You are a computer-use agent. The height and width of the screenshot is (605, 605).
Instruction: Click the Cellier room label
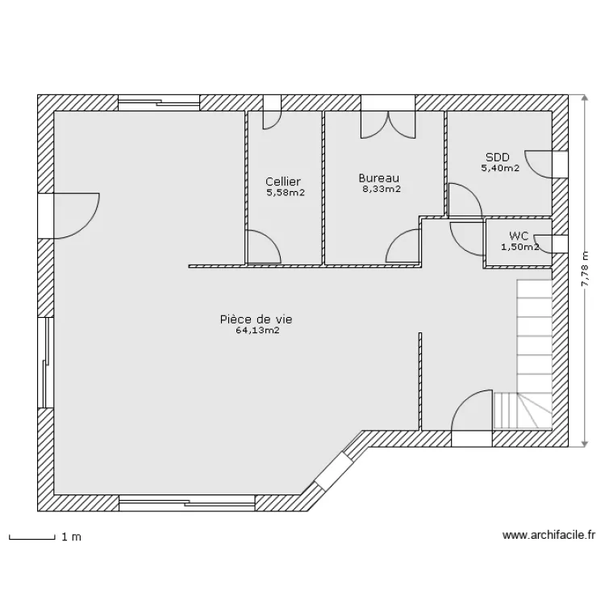283,181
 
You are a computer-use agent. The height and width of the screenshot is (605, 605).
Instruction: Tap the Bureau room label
379,178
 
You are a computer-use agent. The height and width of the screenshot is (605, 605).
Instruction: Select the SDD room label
498,157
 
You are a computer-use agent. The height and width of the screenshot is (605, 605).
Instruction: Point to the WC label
519,236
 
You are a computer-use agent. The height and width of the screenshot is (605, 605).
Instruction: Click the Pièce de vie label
257,319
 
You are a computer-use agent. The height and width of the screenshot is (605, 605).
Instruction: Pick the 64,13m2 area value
258,330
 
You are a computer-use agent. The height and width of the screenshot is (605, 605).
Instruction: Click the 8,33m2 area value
382,189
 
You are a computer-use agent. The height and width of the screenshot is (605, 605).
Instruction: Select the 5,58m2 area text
286,193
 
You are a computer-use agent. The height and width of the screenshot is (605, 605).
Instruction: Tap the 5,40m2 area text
500,169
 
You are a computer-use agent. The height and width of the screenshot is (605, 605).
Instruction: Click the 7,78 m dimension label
586,269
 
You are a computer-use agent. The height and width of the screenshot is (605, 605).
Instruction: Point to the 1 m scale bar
32,538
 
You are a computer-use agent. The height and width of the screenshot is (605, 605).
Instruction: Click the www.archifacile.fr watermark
549,535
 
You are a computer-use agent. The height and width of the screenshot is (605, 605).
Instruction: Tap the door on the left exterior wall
69,216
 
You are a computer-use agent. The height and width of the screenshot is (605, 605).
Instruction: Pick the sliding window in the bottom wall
187,503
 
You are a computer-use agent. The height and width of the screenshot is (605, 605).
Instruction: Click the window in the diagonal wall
329,469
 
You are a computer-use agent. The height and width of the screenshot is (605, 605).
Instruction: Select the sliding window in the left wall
45,362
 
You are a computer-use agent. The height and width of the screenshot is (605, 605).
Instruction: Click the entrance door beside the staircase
472,418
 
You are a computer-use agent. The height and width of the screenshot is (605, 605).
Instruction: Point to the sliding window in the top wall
159,103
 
